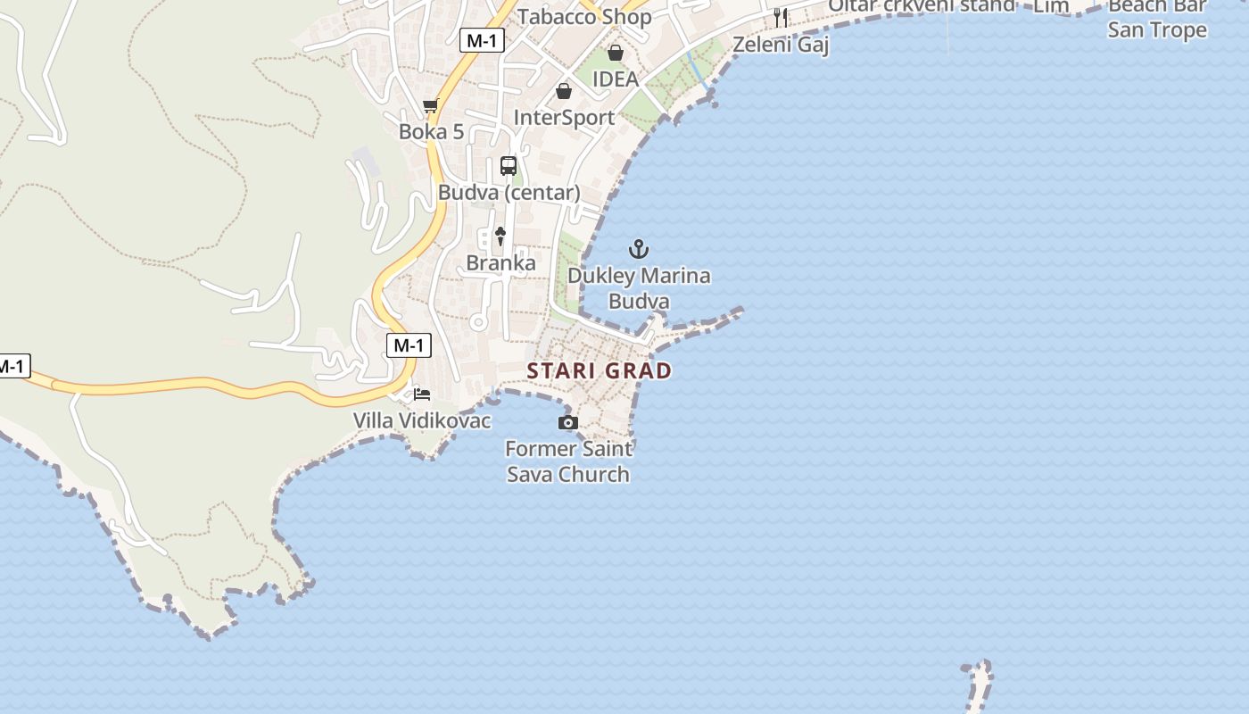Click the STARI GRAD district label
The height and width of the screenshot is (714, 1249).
click(599, 370)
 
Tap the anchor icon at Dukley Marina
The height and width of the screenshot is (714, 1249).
click(639, 249)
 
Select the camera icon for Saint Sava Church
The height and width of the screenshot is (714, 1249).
click(567, 422)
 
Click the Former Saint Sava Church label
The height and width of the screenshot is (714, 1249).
click(568, 461)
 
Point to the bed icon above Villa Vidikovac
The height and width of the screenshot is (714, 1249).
click(422, 394)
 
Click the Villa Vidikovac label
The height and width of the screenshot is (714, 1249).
click(422, 420)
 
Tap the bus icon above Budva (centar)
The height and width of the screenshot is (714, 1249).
click(509, 166)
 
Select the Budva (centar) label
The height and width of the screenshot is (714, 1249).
click(509, 193)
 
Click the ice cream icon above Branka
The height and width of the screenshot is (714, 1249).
click(500, 237)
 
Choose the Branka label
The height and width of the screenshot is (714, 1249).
click(501, 263)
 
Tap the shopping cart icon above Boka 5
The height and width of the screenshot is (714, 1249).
click(431, 106)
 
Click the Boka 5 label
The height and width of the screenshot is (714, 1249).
click(431, 132)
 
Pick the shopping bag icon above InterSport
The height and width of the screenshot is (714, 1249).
click(564, 91)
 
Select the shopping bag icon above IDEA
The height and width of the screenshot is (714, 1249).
click(616, 53)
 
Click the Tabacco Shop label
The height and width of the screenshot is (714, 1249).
click(584, 16)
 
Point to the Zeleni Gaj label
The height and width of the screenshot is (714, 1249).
click(781, 45)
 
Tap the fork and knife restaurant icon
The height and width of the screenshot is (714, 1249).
click(781, 17)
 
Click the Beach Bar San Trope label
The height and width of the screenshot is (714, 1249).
click(1156, 20)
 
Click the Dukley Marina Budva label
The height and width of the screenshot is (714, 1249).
click(639, 288)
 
